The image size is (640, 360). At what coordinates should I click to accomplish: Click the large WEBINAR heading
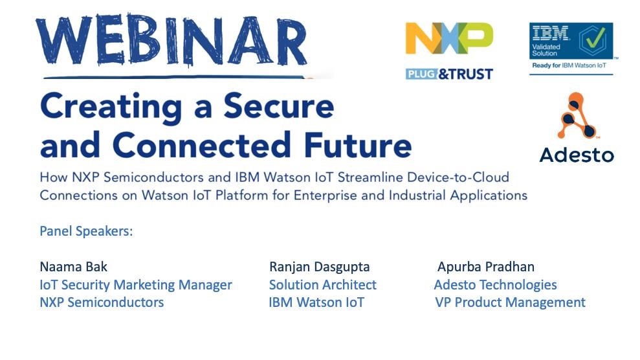171,41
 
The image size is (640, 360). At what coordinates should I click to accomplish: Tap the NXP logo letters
449,38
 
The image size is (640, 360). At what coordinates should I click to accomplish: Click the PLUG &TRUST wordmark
449,74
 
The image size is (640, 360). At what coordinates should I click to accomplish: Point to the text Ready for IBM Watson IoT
569,65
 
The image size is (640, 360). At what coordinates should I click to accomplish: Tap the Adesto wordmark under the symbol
577,155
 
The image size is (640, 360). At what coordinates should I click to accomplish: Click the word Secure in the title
279,106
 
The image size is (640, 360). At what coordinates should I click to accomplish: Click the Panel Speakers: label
86,231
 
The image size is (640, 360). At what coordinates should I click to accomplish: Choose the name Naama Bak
74,267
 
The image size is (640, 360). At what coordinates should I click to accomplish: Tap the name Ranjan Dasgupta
320,267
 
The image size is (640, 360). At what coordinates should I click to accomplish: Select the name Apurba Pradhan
486,267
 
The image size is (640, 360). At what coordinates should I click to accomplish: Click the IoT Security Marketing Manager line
136,285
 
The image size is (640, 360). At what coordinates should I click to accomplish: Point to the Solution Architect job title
323,285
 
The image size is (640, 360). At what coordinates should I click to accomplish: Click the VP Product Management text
510,302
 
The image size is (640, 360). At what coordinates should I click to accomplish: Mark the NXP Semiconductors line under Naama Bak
102,302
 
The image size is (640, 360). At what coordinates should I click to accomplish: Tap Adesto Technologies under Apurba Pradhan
496,285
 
